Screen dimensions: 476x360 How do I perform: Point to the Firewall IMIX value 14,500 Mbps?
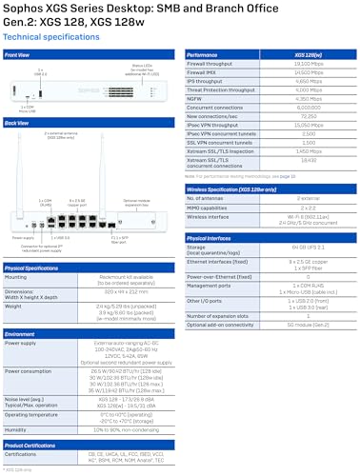pyautogui.click(x=310, y=71)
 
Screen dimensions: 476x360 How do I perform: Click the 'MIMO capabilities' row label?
pyautogui.click(x=210, y=207)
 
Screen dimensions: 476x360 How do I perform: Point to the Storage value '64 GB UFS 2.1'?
pyautogui.click(x=310, y=248)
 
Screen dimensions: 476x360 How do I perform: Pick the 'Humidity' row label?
pyautogui.click(x=17, y=428)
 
